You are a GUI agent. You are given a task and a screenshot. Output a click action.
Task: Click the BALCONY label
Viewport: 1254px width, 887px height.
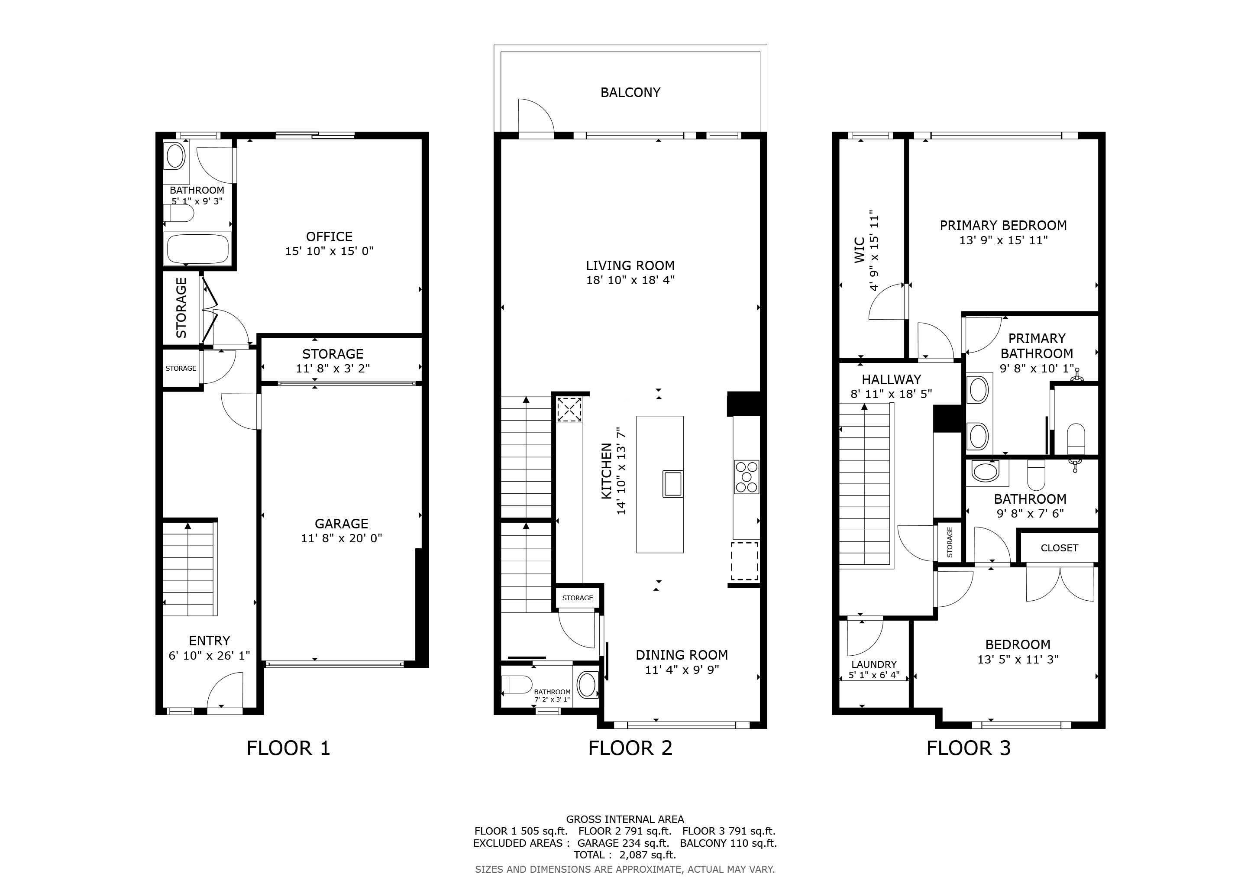630,92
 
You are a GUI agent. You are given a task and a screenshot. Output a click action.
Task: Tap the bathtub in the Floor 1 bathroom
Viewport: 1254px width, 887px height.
197,249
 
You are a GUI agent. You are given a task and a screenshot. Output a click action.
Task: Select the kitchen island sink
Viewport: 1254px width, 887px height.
673,483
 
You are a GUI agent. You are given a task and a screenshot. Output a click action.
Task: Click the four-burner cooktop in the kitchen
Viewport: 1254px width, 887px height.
746,477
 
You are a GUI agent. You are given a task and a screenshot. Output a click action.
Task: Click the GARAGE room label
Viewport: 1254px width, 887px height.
341,524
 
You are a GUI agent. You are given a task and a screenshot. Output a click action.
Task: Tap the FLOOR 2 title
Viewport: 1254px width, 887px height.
630,748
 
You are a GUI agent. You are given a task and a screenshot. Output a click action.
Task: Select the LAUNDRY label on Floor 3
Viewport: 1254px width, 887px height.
874,664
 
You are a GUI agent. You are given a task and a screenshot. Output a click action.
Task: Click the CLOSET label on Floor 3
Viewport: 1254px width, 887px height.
1059,548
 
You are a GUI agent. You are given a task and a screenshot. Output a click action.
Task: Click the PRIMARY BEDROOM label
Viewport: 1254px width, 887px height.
1003,225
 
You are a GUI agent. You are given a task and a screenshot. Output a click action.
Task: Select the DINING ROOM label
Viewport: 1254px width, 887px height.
681,655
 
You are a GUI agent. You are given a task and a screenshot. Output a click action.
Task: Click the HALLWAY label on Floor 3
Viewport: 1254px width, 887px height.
891,379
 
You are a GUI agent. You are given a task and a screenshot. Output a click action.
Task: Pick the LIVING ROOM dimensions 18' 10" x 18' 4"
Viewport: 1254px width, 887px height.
630,280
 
